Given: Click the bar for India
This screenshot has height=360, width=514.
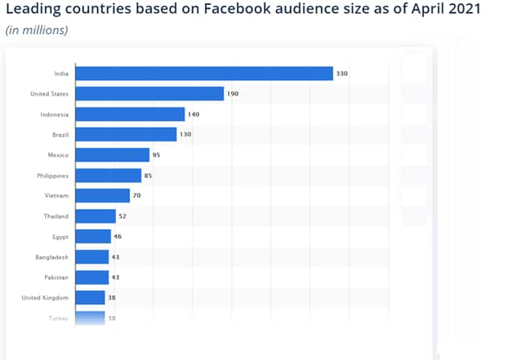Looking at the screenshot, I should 204,73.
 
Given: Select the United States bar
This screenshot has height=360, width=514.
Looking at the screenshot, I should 149,94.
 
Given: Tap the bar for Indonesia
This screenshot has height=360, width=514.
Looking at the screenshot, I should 130,114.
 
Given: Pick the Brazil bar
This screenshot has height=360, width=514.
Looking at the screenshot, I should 126,134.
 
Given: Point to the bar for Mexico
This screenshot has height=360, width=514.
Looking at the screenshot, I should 112,155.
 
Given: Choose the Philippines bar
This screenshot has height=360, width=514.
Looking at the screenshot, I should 108,175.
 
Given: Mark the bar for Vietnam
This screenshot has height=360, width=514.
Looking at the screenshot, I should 103,195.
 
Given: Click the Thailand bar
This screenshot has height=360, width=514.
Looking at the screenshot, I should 96,216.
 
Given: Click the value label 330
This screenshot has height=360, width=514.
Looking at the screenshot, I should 342,74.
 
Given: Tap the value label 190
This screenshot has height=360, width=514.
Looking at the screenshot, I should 233,94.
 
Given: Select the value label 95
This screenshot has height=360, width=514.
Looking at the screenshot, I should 157,155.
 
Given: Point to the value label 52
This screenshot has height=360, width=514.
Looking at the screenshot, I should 123,216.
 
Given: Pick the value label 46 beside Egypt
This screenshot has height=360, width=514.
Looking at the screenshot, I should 118,236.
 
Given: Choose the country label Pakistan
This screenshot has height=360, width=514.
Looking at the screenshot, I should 55,277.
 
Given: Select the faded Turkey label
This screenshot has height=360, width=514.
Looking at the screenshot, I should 59,318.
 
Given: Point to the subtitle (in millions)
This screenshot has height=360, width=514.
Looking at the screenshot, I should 37,31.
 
